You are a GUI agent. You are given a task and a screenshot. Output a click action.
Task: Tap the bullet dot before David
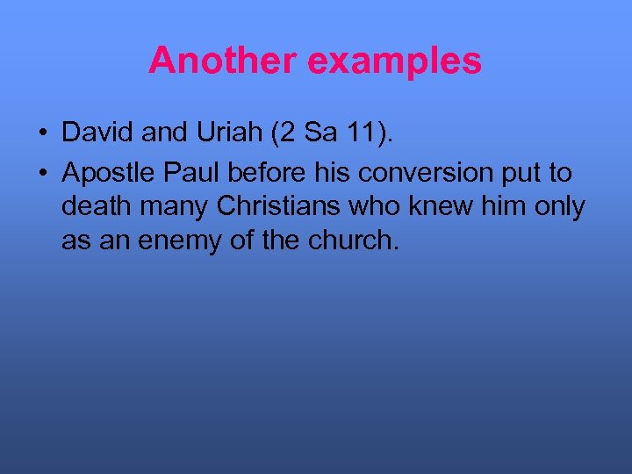[42, 133]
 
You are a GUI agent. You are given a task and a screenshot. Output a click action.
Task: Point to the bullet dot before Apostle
[42, 174]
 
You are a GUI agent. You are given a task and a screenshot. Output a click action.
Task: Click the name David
[93, 133]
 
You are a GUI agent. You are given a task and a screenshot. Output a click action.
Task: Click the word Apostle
[105, 173]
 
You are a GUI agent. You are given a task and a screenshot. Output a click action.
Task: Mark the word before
[262, 173]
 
